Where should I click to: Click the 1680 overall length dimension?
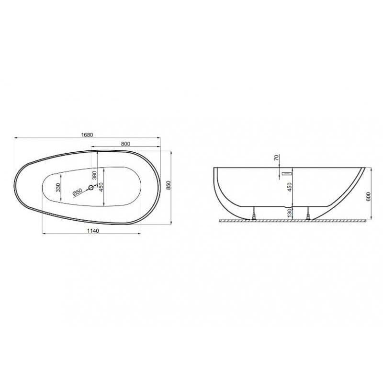pyautogui.click(x=87, y=135)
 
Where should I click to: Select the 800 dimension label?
pyautogui.click(x=125, y=144)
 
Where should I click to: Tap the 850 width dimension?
pyautogui.click(x=168, y=186)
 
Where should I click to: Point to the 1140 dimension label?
pyautogui.click(x=93, y=231)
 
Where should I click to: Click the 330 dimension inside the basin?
pyautogui.click(x=58, y=187)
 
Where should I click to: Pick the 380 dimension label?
pyautogui.click(x=94, y=175)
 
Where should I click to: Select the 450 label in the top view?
pyautogui.click(x=101, y=187)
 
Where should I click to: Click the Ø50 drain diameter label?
pyautogui.click(x=78, y=192)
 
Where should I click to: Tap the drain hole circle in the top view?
pyautogui.click(x=91, y=188)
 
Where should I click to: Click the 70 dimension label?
pyautogui.click(x=277, y=158)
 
